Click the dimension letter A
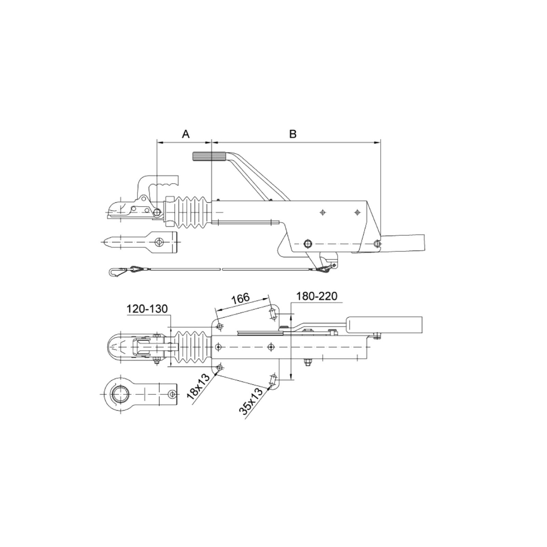point(186,134)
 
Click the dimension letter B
point(293,134)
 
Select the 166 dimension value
point(241,298)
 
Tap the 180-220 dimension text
point(317,296)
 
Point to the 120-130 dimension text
point(147,309)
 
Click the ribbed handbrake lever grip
point(209,157)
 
